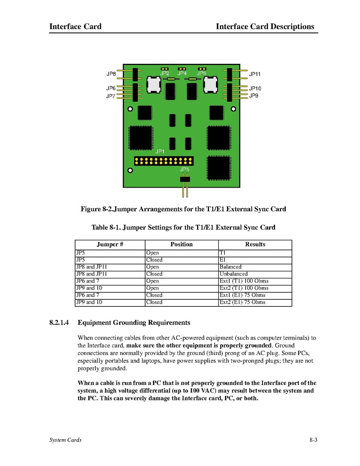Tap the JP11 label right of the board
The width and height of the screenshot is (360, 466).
255,74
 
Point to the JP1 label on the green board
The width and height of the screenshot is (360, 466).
160,151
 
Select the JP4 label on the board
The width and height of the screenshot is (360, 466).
182,73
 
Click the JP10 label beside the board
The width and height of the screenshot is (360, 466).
255,89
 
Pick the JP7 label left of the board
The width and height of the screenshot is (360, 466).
111,96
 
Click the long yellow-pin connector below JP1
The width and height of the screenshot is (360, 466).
163,161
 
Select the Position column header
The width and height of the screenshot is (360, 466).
181,244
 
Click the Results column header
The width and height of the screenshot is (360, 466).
255,244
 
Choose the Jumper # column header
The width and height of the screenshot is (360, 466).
110,244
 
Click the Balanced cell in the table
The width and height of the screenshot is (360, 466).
230,267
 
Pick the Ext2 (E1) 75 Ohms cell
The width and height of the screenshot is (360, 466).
242,302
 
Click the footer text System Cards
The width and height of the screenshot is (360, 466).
65,440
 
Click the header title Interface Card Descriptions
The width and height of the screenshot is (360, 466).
265,27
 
